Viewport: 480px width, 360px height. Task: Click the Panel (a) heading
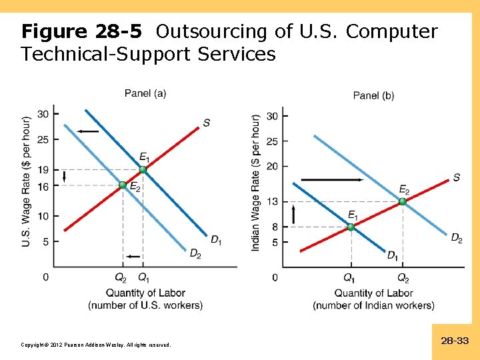[145, 93]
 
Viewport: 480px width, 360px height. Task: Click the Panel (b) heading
[373, 95]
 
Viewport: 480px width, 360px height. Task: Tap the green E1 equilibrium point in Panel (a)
[143, 170]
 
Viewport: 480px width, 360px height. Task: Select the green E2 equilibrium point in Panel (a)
[123, 185]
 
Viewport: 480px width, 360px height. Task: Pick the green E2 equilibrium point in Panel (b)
[403, 201]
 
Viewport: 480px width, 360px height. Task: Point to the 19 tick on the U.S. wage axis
[43, 170]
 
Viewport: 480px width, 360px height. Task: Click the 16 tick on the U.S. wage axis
[43, 186]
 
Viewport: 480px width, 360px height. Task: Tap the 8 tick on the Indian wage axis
[275, 227]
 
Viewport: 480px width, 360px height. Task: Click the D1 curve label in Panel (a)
[217, 240]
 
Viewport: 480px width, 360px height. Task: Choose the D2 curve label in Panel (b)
[457, 237]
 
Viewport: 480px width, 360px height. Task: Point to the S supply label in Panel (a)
[207, 123]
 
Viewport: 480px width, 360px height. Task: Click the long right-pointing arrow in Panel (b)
[332, 180]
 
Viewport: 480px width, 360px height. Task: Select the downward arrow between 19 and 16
[64, 177]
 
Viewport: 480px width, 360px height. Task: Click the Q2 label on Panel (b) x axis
[403, 277]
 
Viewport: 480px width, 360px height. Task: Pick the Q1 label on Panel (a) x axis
[143, 277]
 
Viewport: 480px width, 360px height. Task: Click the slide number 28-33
[455, 341]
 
